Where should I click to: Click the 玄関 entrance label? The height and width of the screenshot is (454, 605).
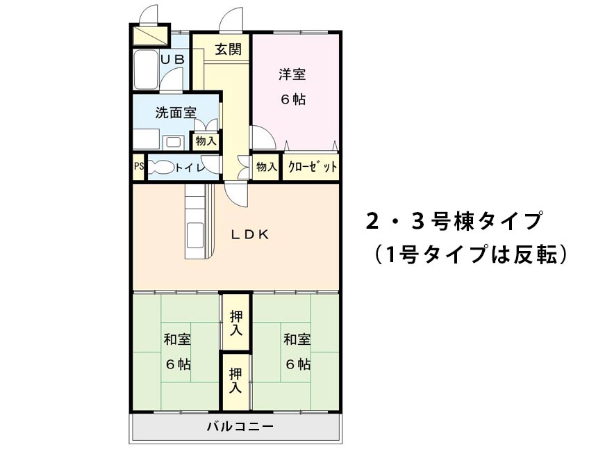point(228,49)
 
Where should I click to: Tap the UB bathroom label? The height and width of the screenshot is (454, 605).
point(173,60)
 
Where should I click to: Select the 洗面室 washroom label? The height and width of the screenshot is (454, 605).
point(175,112)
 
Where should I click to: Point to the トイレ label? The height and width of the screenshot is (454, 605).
point(189,168)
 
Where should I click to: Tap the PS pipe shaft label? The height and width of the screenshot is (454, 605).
point(139,167)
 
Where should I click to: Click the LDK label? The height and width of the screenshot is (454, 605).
point(250,234)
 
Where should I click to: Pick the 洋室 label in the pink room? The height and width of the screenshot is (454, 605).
point(293,74)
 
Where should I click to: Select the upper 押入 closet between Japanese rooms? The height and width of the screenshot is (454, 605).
point(236,323)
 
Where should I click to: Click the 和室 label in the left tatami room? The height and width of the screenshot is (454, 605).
point(177,339)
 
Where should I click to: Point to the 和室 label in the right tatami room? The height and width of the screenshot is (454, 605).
point(297,339)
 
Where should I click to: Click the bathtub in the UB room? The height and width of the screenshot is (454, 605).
point(145,70)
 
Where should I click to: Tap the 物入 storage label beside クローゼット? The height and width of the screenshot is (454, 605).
point(266,167)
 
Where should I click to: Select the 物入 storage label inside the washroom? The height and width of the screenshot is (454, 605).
point(206,141)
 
